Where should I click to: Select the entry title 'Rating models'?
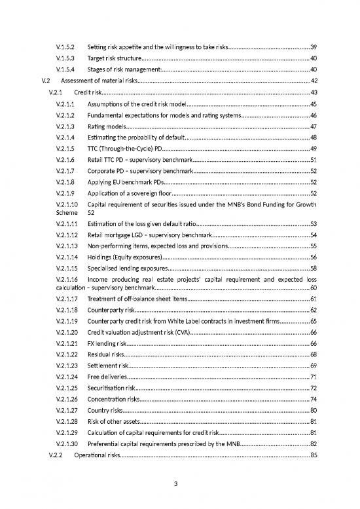(106, 126)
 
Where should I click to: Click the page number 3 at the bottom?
(180, 485)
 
